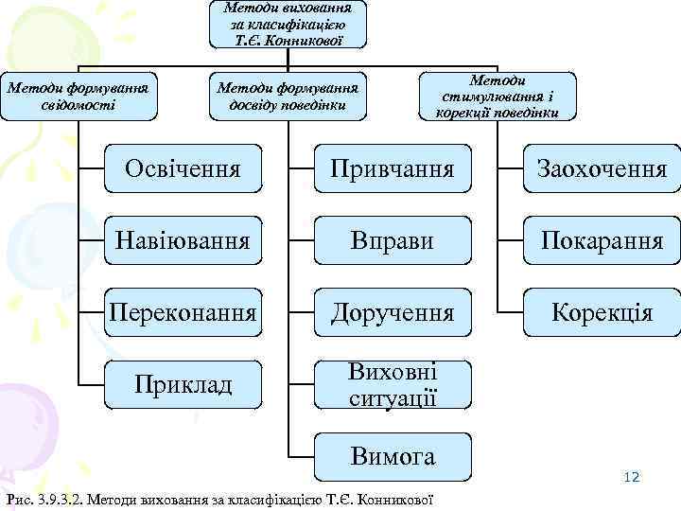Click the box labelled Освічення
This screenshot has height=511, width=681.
[x=183, y=168]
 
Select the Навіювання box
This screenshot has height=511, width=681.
[x=183, y=239]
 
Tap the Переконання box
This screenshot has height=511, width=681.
[x=183, y=311]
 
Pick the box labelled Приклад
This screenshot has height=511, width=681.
[x=183, y=383]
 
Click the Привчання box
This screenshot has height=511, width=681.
[x=392, y=168]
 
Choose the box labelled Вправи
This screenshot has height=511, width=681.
[x=392, y=239]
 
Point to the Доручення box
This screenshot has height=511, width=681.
[x=392, y=311]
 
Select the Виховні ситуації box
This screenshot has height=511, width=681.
[x=392, y=383]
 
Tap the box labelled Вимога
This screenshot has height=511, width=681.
[x=392, y=456]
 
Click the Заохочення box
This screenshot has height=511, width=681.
[x=602, y=168]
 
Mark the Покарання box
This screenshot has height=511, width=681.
[x=602, y=239]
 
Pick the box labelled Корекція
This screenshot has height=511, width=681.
[x=602, y=311]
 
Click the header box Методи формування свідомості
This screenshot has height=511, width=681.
[x=79, y=96]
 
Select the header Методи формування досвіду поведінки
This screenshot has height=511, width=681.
[x=288, y=96]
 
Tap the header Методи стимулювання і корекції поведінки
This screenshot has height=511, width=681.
[x=497, y=97]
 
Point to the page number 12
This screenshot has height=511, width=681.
[x=632, y=477]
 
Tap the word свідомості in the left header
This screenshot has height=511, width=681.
[x=79, y=104]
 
